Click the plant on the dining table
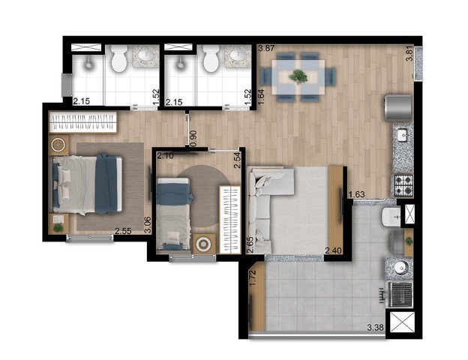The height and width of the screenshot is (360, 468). coord(298,76)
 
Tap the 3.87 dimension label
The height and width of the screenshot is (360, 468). coord(266,48)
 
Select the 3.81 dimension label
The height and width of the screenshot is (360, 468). coord(410,53)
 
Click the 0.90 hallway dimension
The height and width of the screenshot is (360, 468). coord(193,139)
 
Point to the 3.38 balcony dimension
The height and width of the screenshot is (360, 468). coord(375,328)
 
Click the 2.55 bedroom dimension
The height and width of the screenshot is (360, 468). coord(123,231)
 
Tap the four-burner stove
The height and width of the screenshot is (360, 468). coord(403,184)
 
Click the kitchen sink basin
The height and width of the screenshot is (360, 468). coord(403,135)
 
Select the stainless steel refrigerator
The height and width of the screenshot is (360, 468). coord(398,106)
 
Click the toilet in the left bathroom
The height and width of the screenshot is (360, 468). coord(119,59)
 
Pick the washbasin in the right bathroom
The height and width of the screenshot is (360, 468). coord(238,55)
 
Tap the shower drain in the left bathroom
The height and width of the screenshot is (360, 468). coord(88,64)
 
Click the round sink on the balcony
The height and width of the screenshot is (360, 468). coord(400,268)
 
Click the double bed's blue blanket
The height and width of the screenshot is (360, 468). coord(106,184)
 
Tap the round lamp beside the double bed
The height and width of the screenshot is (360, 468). coord(58,145)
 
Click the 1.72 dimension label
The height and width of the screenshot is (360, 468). coord(253,278)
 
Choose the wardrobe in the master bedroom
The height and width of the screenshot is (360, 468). coord(82,122)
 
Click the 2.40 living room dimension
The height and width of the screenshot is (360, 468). coord(334,250)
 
